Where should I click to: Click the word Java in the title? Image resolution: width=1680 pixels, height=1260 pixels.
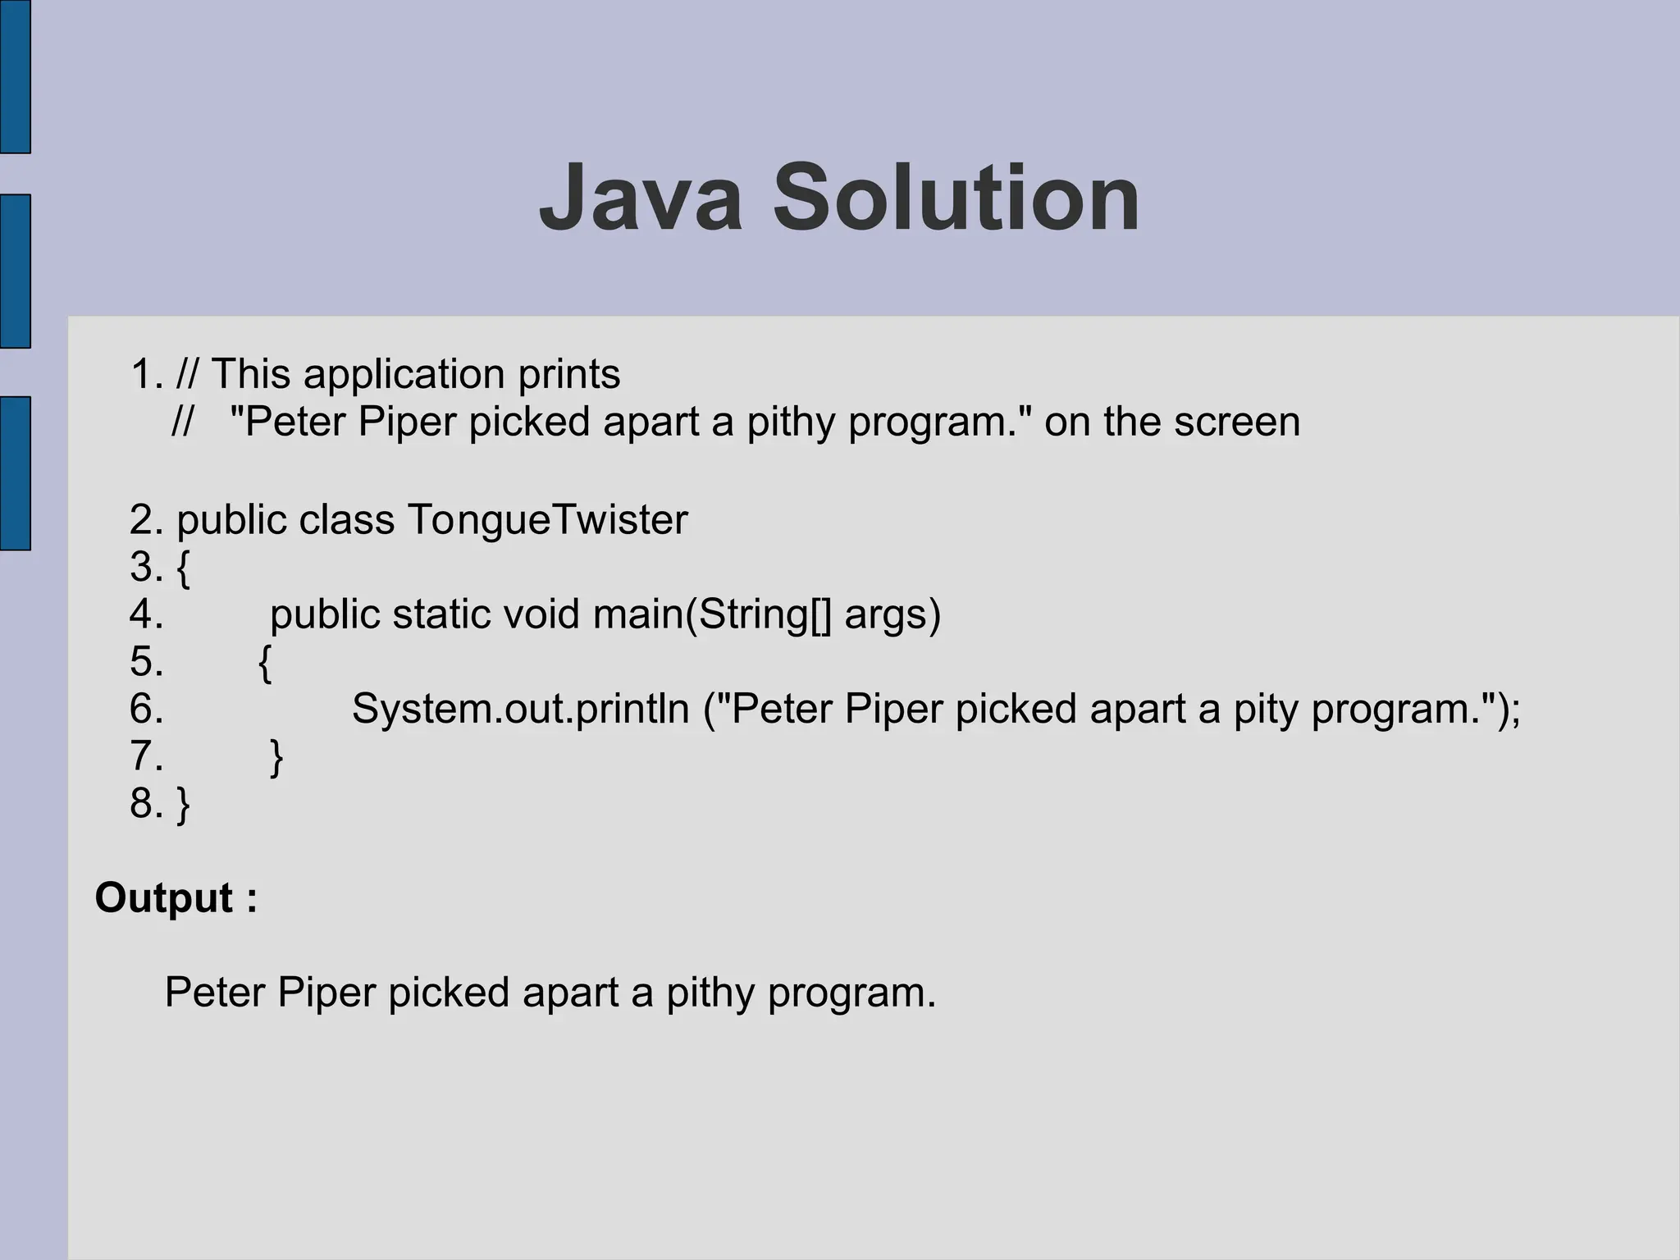(x=640, y=199)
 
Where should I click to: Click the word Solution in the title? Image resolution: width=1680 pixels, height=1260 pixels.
(x=956, y=199)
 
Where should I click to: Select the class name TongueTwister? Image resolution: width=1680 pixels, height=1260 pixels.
(x=547, y=519)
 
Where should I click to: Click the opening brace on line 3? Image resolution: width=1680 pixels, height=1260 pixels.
(x=184, y=568)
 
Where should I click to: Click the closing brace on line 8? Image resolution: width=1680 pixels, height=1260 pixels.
(x=184, y=804)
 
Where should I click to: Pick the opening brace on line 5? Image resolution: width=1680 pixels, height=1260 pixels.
(x=264, y=663)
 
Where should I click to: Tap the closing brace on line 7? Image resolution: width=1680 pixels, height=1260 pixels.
(x=276, y=757)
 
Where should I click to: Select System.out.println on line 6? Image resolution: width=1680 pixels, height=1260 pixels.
(x=520, y=708)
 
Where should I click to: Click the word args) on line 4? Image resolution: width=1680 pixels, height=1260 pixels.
(x=892, y=614)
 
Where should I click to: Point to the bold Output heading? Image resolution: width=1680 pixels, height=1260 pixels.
(x=176, y=897)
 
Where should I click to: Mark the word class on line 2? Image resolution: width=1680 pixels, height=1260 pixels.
(x=346, y=519)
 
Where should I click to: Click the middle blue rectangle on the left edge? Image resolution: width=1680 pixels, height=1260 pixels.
(x=15, y=271)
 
